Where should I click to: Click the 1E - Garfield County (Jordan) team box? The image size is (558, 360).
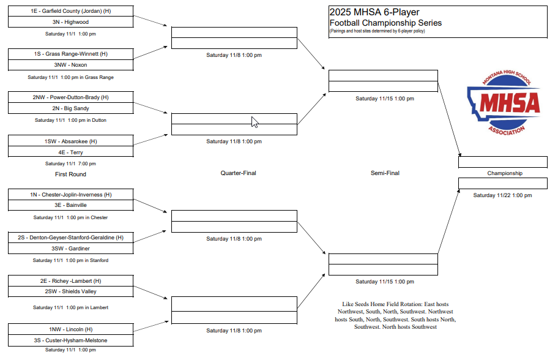[x=71, y=11]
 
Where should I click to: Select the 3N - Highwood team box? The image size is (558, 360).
[x=71, y=22]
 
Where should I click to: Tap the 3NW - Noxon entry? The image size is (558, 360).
[x=71, y=65]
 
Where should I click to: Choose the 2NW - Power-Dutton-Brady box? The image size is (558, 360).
[x=71, y=97]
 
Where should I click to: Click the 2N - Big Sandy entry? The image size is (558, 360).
[x=71, y=108]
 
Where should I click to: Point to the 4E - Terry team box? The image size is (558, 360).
[x=71, y=152]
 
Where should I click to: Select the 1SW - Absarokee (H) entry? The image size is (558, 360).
[x=71, y=141]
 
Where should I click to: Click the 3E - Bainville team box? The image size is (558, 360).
[x=71, y=205]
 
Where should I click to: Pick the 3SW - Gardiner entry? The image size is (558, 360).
[x=71, y=249]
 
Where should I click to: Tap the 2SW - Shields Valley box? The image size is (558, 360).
[x=71, y=291]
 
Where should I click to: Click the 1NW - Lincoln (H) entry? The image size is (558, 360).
[x=71, y=329]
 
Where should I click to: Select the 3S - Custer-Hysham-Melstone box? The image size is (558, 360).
[x=71, y=340]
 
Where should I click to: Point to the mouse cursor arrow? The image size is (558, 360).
[x=255, y=122]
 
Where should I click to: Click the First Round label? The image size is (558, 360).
[x=70, y=174]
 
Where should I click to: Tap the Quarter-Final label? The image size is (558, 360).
[x=238, y=173]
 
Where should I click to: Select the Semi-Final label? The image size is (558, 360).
[x=385, y=173]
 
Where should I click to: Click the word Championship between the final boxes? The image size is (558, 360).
[x=505, y=173]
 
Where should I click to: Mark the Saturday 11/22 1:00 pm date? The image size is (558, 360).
[x=502, y=195]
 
